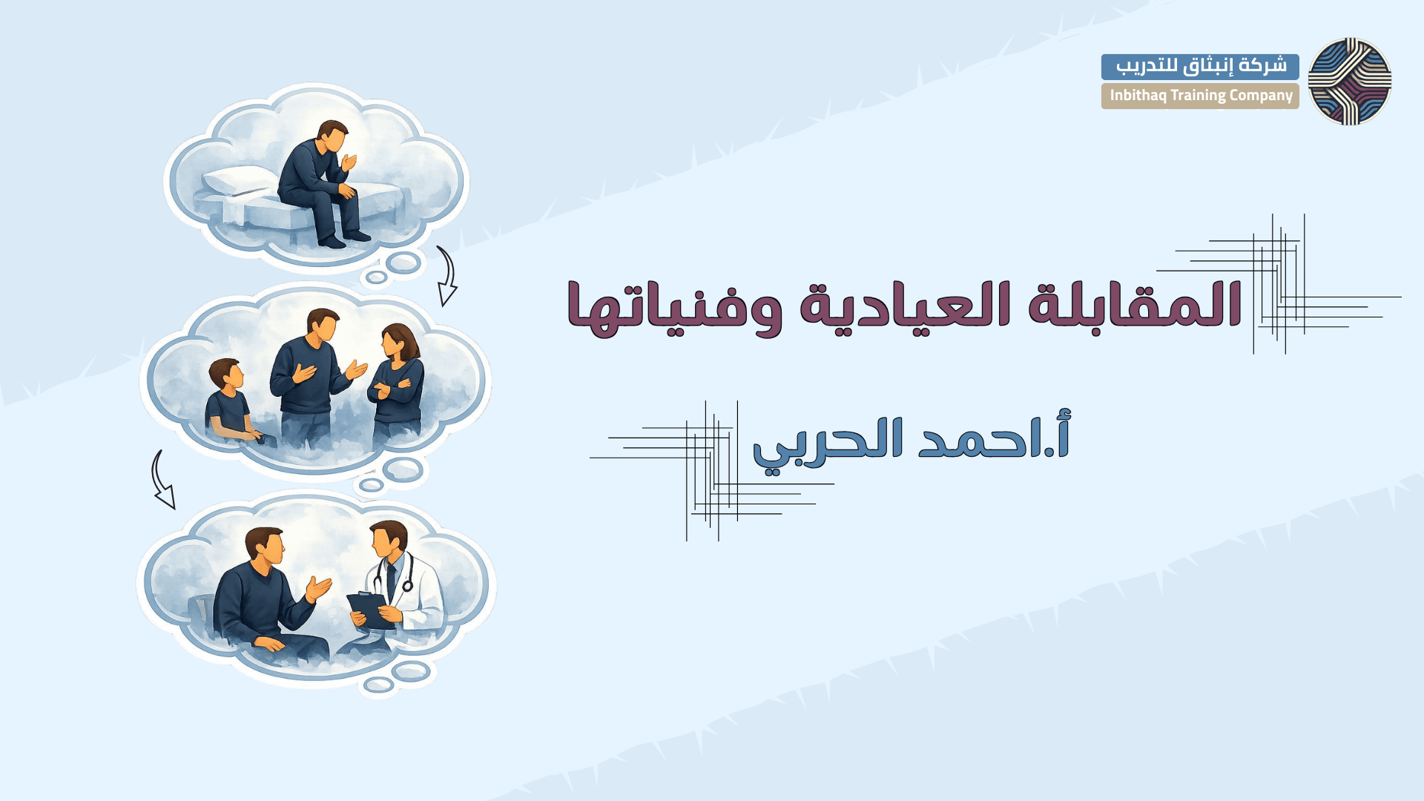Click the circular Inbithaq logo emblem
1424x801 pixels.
click(x=1349, y=82)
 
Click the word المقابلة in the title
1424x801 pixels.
click(x=1135, y=304)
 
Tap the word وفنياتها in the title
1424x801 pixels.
click(x=675, y=307)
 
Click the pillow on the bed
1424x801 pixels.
click(x=237, y=181)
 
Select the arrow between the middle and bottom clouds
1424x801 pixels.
click(x=162, y=479)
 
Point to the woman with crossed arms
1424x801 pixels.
click(x=396, y=382)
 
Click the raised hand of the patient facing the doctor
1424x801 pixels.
click(x=318, y=588)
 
